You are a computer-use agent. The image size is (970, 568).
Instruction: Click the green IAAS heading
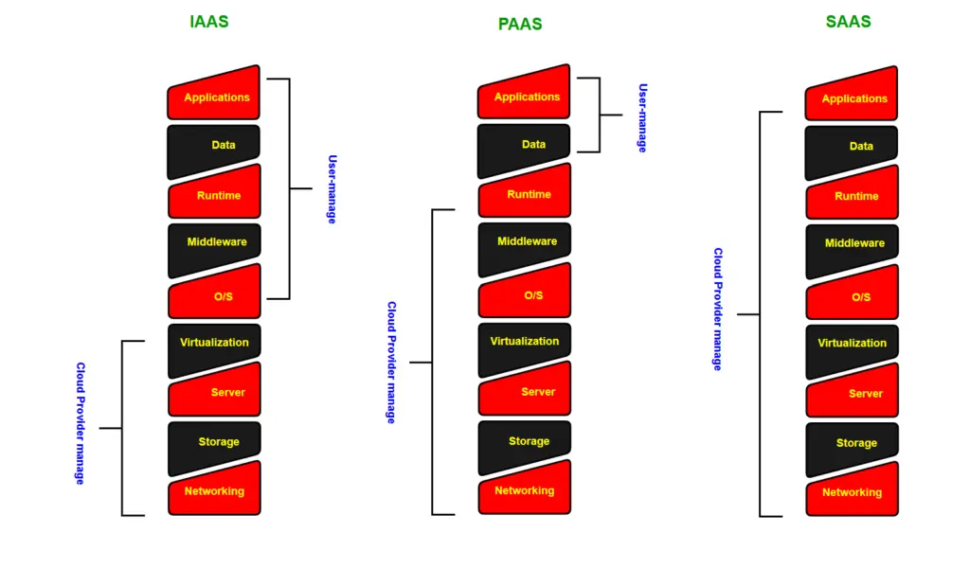[208, 21]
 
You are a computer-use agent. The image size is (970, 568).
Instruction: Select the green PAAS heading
[520, 24]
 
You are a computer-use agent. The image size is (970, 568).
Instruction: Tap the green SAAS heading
[848, 21]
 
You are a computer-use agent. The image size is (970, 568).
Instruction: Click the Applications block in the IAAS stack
[215, 96]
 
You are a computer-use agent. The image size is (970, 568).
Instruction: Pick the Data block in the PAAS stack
[526, 147]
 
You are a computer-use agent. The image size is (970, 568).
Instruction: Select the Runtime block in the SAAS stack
[853, 194]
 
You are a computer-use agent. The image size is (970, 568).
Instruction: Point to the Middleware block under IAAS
[215, 244]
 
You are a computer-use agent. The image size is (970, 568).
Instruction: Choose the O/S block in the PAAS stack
[526, 293]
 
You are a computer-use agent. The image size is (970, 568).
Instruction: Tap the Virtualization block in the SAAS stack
[853, 345]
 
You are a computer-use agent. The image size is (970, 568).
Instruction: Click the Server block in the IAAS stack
[215, 390]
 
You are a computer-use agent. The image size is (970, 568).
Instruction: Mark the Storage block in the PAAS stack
[526, 443]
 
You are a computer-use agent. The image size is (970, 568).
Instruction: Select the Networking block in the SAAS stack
[853, 490]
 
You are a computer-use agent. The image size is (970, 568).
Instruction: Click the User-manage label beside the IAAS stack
[332, 189]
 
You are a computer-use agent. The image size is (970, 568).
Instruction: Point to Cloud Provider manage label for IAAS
[81, 423]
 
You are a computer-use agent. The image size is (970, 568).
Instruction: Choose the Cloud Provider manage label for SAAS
[718, 310]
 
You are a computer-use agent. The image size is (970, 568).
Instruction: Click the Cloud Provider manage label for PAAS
[391, 363]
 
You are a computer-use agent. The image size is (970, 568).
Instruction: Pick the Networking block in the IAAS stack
[215, 489]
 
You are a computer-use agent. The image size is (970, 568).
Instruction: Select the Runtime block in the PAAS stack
[526, 193]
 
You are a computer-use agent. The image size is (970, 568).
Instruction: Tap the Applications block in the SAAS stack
[853, 97]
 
